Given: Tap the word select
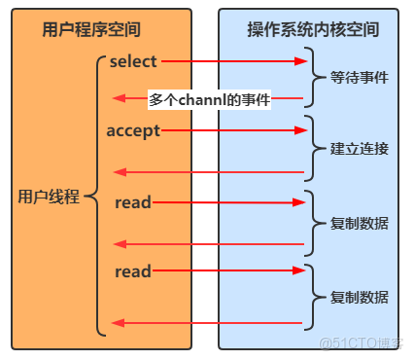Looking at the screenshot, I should pyautogui.click(x=133, y=61).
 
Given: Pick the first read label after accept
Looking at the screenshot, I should pyautogui.click(x=132, y=202).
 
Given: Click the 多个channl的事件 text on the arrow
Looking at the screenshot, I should pyautogui.click(x=209, y=99).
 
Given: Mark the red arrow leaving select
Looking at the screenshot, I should pyautogui.click(x=233, y=61).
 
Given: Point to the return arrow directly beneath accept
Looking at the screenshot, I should pyautogui.click(x=209, y=172).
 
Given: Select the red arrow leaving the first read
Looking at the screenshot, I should pyautogui.click(x=228, y=202).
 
